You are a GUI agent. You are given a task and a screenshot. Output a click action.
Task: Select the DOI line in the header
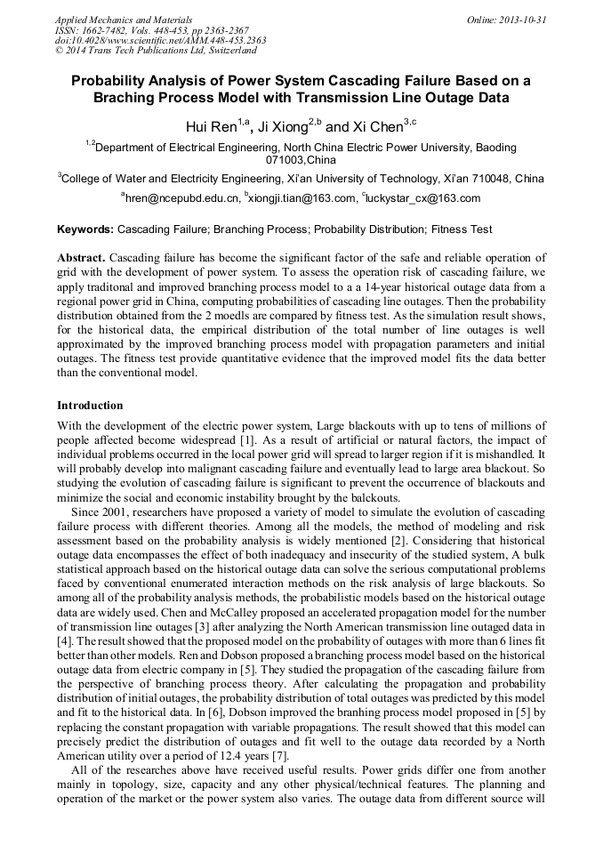160,40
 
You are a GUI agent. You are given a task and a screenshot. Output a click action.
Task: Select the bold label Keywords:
86,229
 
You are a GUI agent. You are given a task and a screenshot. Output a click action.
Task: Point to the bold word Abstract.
81,256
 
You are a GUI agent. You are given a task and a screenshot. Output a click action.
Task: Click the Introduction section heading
90,406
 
